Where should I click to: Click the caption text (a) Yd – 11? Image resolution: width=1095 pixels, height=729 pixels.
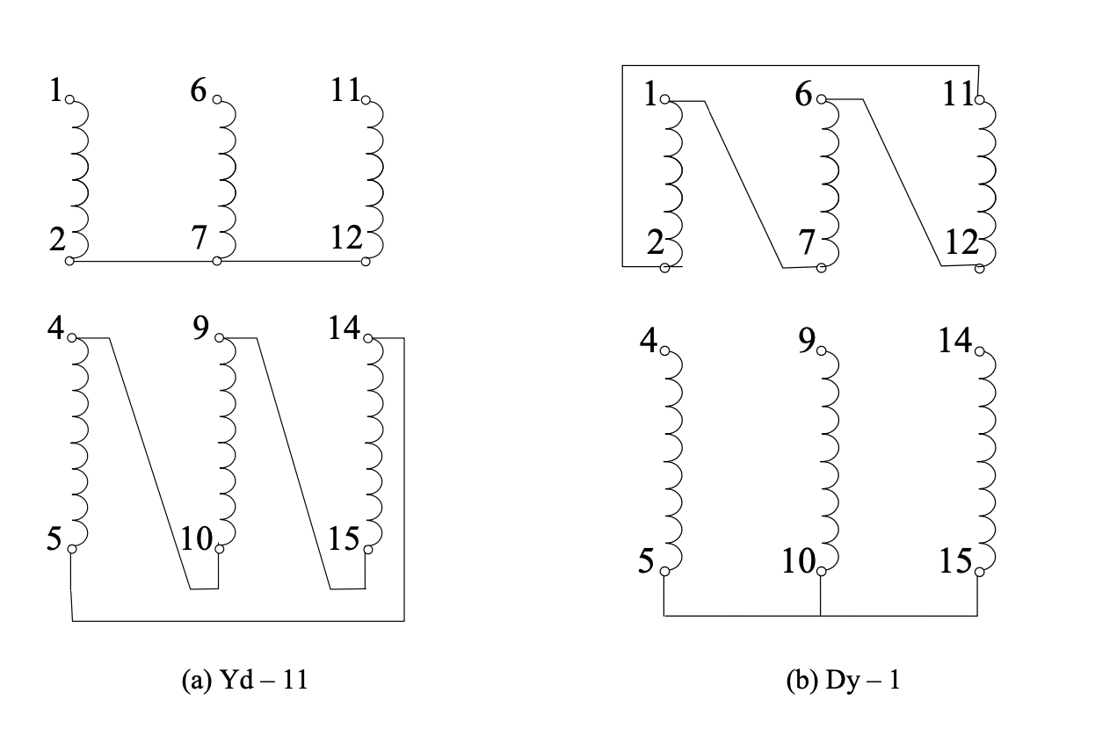(244, 681)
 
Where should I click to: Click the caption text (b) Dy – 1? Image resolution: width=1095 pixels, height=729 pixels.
(843, 681)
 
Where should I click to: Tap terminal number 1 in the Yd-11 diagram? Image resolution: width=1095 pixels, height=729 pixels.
(57, 90)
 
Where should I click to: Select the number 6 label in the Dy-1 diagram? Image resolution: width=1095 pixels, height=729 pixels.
(803, 94)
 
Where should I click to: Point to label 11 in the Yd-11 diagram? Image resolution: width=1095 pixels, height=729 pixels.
(345, 90)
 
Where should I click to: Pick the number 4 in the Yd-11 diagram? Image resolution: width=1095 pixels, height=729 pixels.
(57, 329)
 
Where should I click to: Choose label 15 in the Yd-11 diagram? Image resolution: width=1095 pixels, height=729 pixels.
(345, 537)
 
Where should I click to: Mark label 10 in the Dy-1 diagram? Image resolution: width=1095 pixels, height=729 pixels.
(799, 559)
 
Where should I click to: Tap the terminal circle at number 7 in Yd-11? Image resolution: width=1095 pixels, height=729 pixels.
(217, 261)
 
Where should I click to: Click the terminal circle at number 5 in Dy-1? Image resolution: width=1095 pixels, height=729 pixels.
(664, 572)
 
